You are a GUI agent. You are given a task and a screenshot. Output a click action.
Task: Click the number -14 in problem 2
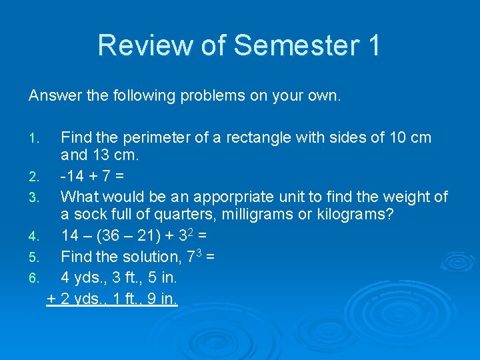[x=72, y=177]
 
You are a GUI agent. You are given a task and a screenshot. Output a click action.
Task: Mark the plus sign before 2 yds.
[x=52, y=299]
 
